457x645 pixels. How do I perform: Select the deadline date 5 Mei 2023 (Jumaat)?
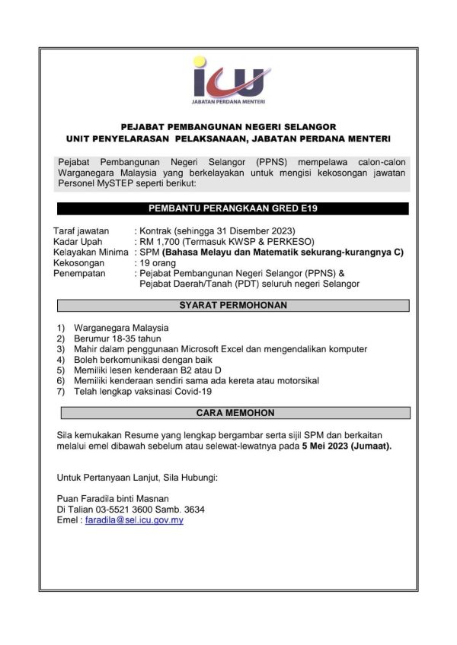coord(346,446)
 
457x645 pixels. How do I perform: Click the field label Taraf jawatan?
coord(82,230)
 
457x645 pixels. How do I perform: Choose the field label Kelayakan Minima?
coord(90,251)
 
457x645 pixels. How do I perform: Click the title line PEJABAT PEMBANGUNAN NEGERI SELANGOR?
coord(228,126)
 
